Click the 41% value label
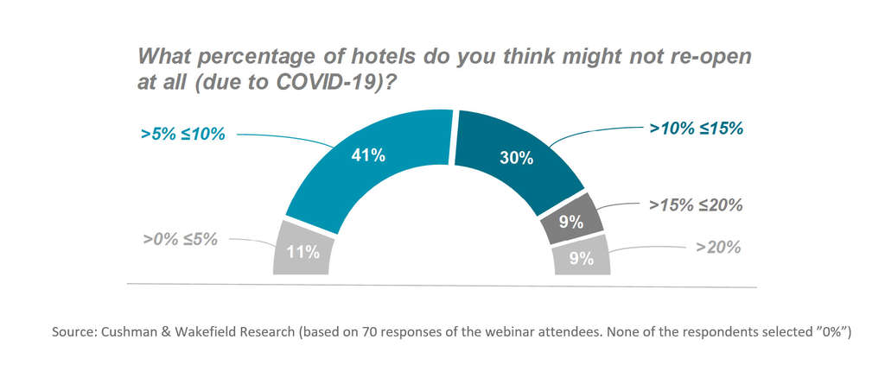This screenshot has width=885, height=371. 368,156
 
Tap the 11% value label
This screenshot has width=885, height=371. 302,252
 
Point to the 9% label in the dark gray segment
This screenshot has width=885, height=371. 570,222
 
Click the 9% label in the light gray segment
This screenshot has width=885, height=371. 582,257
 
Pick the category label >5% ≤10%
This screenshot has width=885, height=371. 182,135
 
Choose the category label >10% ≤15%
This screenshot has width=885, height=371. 697,129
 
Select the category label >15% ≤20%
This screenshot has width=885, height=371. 696,205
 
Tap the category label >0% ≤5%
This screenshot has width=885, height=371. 181,239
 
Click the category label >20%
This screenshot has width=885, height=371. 719,248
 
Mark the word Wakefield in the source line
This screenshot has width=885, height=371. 193,332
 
